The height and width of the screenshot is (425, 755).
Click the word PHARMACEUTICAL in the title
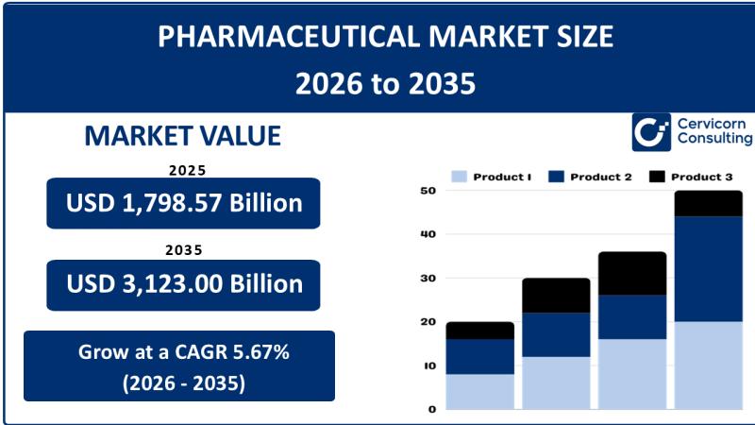coord(265,37)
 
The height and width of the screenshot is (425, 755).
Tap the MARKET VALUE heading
coord(182,135)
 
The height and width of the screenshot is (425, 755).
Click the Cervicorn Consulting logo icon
coord(651,132)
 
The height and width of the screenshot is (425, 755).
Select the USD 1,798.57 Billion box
coord(183,203)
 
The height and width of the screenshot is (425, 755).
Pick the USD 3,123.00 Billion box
coord(183,283)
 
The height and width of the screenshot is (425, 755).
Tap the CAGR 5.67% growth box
coord(179,365)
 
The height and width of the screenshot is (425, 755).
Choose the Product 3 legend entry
coord(689,177)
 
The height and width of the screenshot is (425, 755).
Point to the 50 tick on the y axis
coord(428,191)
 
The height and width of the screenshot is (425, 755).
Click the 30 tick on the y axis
coord(428,279)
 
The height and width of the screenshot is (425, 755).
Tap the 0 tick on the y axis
coord(431,409)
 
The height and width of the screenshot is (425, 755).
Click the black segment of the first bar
coord(479,331)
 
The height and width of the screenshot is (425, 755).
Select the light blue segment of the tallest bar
coord(708,365)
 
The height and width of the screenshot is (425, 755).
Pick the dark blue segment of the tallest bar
coord(708,269)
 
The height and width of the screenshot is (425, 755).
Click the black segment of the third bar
coord(631,273)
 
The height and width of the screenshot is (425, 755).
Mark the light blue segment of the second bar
coord(556,382)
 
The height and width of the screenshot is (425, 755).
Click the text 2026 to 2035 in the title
coord(385,84)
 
